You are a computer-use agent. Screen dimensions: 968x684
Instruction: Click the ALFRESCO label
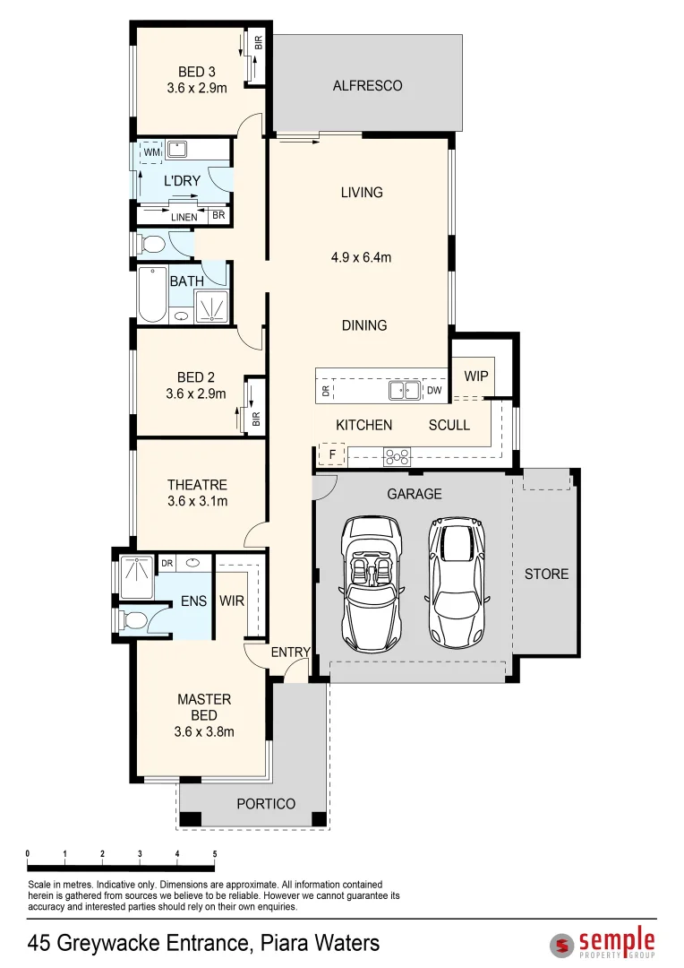[x=367, y=86]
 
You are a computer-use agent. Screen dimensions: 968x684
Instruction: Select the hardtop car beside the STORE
[x=459, y=582]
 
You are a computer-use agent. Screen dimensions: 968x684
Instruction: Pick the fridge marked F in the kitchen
[x=332, y=454]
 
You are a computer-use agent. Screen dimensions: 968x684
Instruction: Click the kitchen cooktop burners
[x=397, y=456]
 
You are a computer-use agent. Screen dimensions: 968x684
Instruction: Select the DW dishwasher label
[x=433, y=391]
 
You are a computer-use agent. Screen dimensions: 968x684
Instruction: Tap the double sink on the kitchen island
[x=405, y=390]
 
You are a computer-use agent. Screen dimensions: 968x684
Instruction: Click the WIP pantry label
[x=476, y=376]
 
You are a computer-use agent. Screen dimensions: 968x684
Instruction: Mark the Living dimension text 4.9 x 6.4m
[x=362, y=257]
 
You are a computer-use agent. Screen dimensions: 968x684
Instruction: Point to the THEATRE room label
[x=197, y=485]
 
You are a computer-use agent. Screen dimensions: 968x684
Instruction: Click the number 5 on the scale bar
[x=215, y=853]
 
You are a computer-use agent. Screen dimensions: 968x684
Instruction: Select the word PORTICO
[x=266, y=804]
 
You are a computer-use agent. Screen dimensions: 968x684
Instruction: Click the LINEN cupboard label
[x=184, y=217]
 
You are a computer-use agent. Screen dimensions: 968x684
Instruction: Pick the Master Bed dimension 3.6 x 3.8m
[x=204, y=731]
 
